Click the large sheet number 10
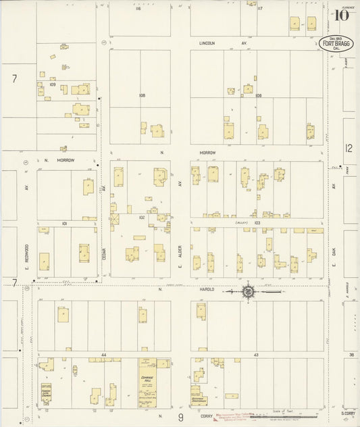click(341, 15)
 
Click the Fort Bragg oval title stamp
click(337, 43)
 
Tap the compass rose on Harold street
click(249, 291)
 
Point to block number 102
click(142, 218)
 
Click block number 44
click(105, 354)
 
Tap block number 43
click(256, 354)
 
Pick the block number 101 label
click(65, 222)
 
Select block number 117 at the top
click(259, 9)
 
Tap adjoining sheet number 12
click(349, 148)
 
